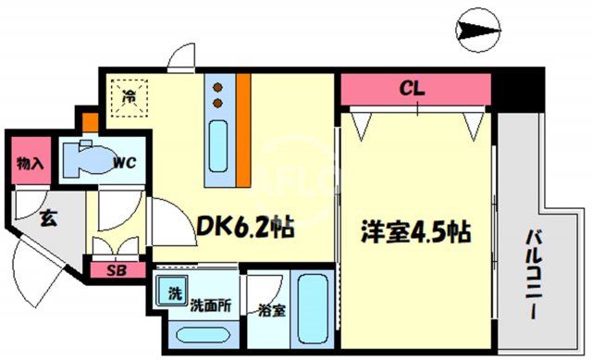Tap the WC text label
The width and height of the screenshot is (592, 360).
[x=126, y=164]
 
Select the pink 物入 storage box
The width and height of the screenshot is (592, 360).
[x=31, y=163]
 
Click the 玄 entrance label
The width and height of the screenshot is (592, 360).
[x=45, y=220]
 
